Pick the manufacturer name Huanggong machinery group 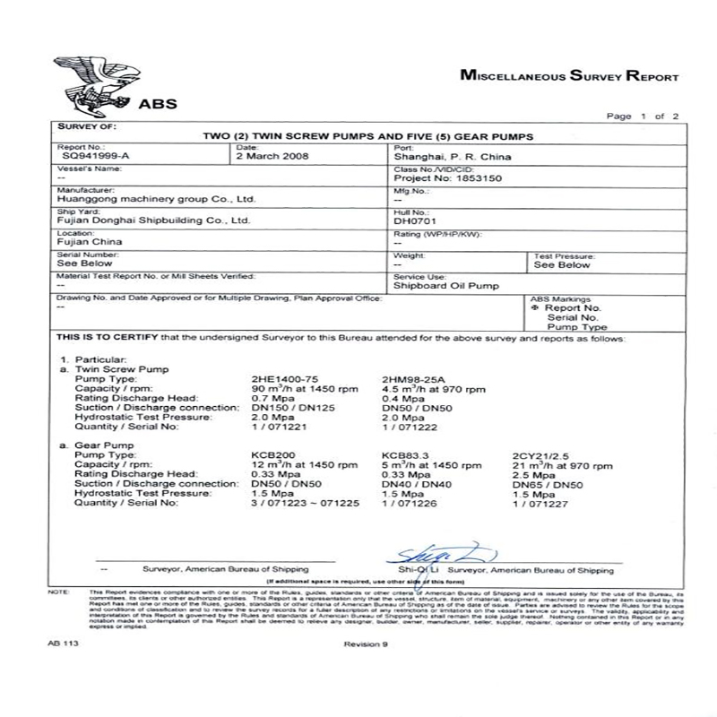pos(145,199)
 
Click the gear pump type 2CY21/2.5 pos(540,455)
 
